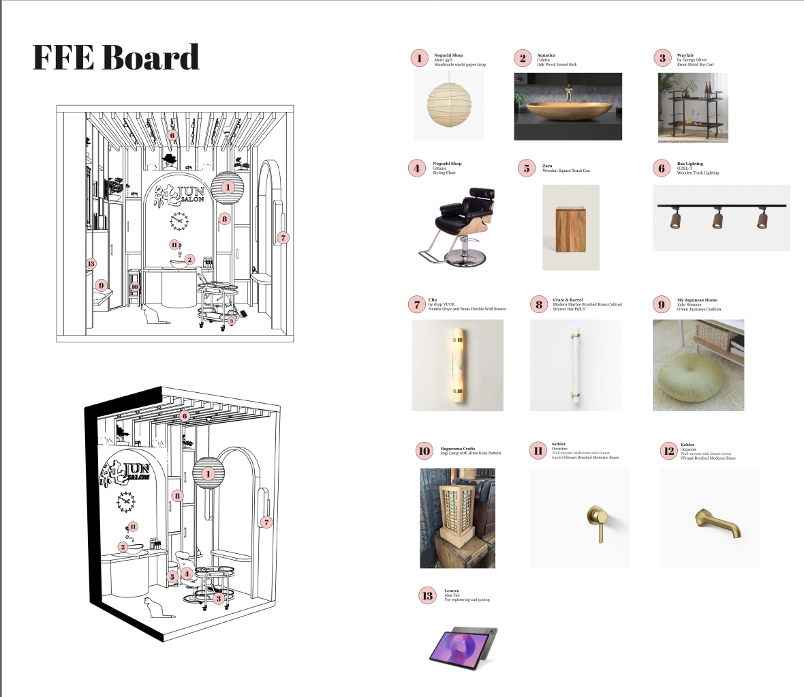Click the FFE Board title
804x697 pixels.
tap(116, 57)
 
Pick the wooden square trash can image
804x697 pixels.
tap(570, 228)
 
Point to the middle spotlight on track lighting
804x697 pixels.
tap(717, 220)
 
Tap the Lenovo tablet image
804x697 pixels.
tap(463, 647)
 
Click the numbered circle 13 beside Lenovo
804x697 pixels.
tap(427, 595)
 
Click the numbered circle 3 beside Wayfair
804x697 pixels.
tap(662, 58)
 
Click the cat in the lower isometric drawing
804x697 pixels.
tap(153, 607)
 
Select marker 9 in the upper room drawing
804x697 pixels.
tap(102, 286)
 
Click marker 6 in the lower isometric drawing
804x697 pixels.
tap(185, 416)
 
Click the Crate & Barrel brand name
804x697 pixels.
tap(568, 300)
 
